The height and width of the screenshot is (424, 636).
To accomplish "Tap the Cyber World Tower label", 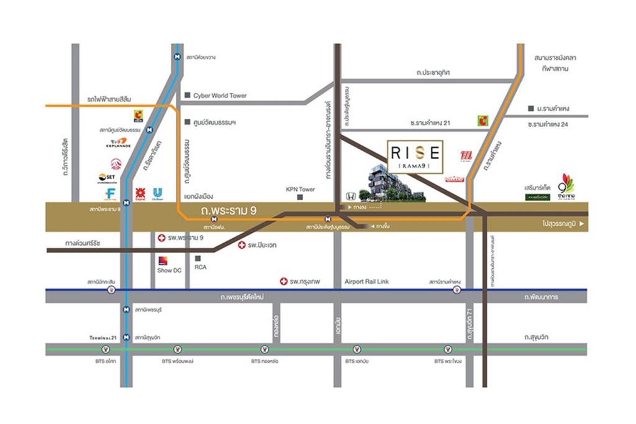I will point(219,96).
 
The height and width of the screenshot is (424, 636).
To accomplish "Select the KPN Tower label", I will point(300,190).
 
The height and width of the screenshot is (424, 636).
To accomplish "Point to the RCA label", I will point(200,268).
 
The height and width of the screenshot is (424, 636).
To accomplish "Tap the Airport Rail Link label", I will point(366,282).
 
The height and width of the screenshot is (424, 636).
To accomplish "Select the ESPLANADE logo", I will point(118,143).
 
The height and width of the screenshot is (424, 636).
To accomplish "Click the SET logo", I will point(107,177).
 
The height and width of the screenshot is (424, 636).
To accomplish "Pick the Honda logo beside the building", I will point(350,195).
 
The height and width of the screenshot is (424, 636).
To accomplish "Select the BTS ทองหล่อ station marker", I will point(265,349).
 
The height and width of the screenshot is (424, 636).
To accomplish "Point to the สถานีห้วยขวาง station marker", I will point(178,57).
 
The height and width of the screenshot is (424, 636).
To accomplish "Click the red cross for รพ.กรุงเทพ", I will point(284,282).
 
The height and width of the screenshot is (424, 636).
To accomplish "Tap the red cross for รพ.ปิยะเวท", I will point(242,246).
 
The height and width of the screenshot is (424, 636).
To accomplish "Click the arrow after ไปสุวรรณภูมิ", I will point(582,224).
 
